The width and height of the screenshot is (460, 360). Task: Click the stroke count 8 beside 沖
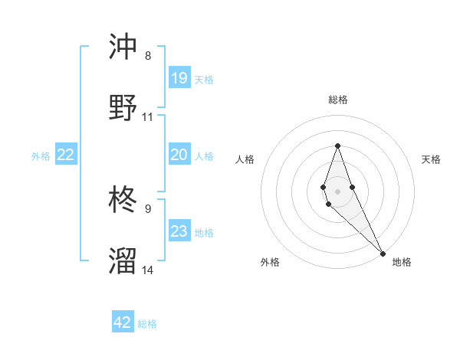148,55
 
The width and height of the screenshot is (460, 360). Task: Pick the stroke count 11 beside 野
148,117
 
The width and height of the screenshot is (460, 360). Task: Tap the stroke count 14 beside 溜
148,270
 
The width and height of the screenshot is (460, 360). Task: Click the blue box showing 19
179,77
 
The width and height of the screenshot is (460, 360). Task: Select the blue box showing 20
179,155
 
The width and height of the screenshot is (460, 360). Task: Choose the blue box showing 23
179,231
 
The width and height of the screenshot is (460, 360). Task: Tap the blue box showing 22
66,155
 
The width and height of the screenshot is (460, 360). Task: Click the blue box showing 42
123,322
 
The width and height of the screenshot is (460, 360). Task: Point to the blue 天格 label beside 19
204,79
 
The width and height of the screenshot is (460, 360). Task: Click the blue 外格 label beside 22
41,156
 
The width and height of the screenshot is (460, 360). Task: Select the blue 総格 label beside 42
147,324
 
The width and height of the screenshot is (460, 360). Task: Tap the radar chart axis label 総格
337,100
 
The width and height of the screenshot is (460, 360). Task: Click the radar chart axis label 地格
402,263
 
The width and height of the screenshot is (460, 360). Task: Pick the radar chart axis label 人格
245,159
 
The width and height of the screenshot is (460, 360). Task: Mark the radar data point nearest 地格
383,253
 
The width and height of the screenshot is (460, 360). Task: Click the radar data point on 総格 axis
337,146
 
